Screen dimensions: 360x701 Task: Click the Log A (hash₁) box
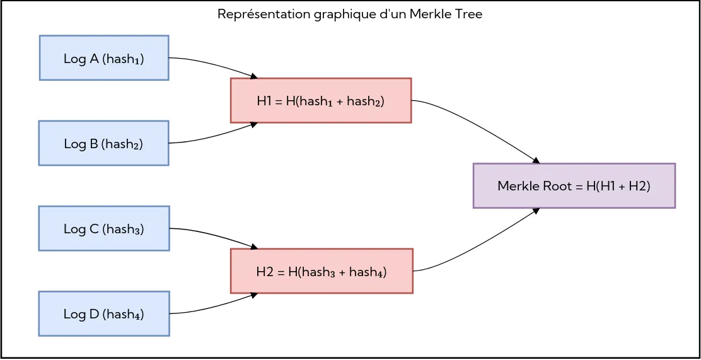(104, 58)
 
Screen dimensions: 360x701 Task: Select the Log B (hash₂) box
(104, 143)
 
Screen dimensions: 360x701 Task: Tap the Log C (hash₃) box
(104, 228)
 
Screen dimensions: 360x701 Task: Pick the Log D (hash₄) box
(104, 313)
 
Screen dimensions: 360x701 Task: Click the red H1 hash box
(321, 100)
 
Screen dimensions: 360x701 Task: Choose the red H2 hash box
(322, 271)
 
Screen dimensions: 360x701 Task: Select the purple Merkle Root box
(574, 185)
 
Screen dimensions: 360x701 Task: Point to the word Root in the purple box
(555, 186)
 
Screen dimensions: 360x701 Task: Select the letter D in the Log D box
(93, 313)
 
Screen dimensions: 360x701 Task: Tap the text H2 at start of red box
(264, 272)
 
